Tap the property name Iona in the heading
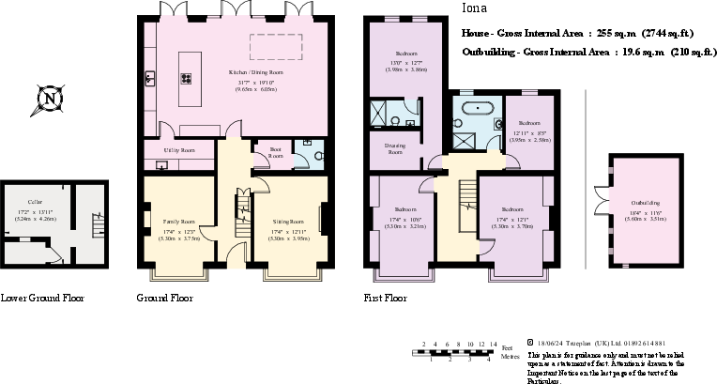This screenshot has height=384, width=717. (474, 9)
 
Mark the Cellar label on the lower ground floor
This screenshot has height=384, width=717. (35, 201)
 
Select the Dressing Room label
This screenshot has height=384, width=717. (395, 148)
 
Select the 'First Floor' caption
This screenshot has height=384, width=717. (387, 299)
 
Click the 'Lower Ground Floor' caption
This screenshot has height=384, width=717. (42, 299)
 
